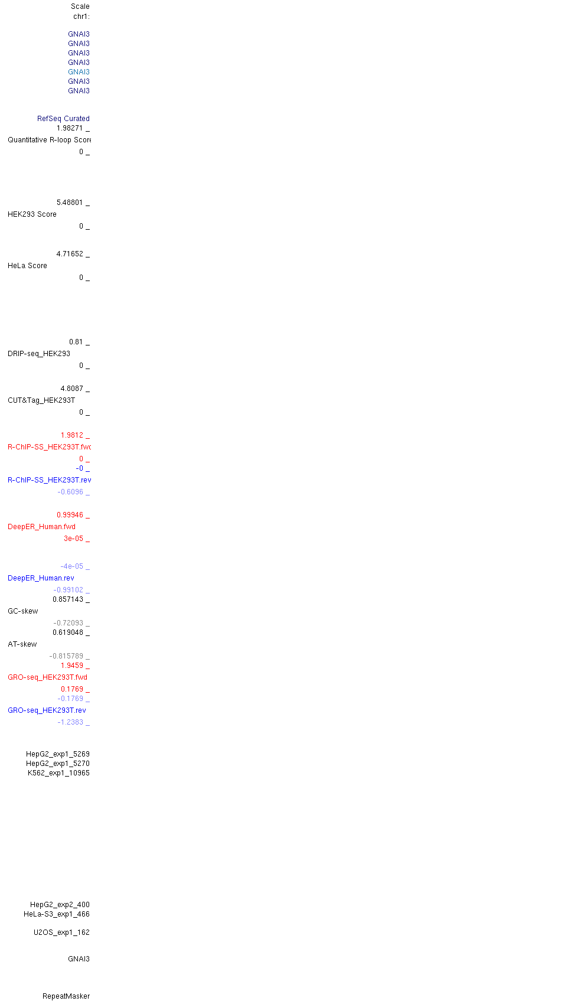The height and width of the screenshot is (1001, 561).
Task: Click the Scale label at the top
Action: [80, 6]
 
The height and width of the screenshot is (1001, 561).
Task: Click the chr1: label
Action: [81, 17]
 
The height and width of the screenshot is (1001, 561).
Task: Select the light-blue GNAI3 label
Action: [79, 72]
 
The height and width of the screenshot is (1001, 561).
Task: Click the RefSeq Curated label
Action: [63, 119]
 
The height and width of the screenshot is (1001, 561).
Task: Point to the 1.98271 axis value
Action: [70, 128]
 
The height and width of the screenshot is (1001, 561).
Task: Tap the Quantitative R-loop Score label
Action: [49, 140]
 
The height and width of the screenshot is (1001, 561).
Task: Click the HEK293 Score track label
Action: [32, 214]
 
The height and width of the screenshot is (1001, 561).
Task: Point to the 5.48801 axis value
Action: [70, 203]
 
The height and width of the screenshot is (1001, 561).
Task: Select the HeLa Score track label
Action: [27, 265]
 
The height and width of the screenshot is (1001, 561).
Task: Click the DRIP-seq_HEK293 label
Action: [39, 354]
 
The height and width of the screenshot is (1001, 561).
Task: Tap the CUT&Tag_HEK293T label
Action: [41, 400]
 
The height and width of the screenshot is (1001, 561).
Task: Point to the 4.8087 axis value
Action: [71, 389]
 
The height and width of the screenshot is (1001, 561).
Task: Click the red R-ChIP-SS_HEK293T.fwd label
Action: [49, 447]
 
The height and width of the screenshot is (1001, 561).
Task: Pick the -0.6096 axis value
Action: [70, 492]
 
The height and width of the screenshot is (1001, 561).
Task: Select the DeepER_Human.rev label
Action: [41, 578]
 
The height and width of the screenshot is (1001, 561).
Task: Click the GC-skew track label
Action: [23, 611]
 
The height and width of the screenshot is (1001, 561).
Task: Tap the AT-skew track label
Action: [22, 644]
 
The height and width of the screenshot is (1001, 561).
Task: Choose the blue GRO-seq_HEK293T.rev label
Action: [47, 710]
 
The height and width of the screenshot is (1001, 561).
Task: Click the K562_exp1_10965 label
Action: [58, 772]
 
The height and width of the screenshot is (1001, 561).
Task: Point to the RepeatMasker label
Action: [66, 996]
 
